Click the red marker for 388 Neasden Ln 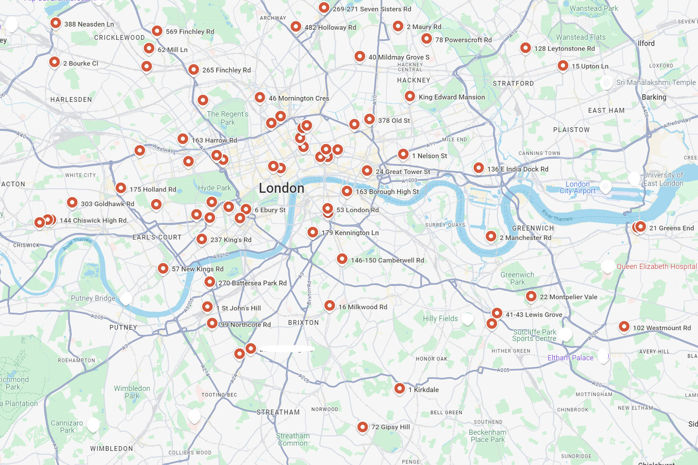click(56, 23)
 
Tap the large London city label click(281, 188)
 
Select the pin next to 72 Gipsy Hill click(362, 427)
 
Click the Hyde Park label click(214, 188)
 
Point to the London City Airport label click(577, 188)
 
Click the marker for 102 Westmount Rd click(624, 327)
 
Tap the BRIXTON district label click(303, 323)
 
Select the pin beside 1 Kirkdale click(399, 389)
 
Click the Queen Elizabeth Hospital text click(656, 267)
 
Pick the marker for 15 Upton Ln click(563, 65)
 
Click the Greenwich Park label click(517, 278)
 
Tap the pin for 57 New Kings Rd click(163, 268)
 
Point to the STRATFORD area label click(513, 83)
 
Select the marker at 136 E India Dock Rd click(478, 168)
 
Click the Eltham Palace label click(570, 358)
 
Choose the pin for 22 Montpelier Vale click(531, 296)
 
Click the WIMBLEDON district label click(111, 448)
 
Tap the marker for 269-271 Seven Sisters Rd click(324, 8)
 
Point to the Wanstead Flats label click(581, 37)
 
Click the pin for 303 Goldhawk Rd click(72, 203)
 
